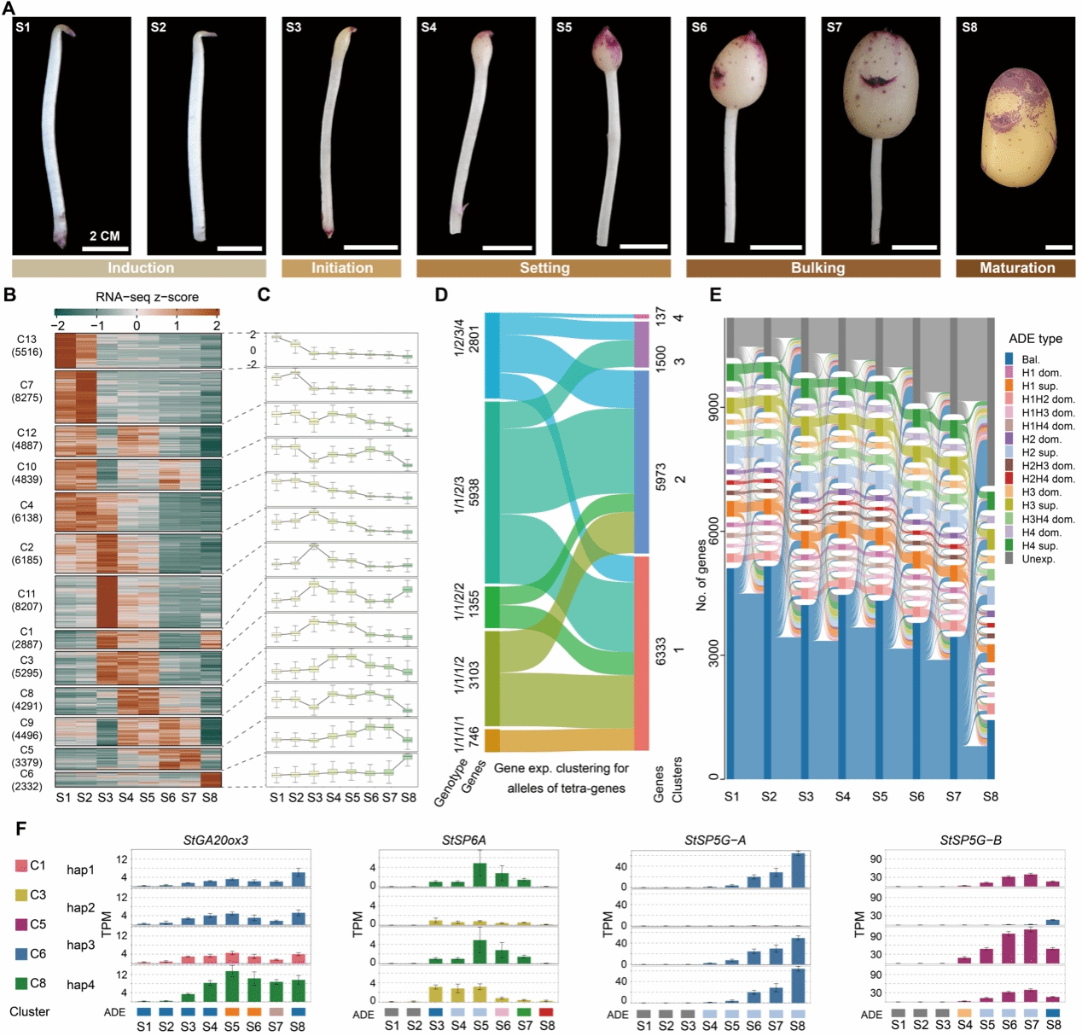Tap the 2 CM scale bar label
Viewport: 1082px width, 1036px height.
coord(105,236)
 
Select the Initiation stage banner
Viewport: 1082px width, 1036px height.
coord(341,268)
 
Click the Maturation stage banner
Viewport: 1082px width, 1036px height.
coord(1016,268)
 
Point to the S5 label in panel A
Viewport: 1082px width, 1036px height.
coord(564,27)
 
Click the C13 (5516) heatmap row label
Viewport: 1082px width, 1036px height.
coord(26,346)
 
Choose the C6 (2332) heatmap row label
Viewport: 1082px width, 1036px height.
coord(26,780)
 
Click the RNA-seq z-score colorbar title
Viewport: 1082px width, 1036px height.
coord(147,297)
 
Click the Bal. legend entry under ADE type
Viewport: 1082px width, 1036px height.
coord(1030,359)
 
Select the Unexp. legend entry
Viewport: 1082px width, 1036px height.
coord(1038,559)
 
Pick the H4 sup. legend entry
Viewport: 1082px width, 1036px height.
coord(1039,545)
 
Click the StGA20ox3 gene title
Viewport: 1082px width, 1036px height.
coord(216,840)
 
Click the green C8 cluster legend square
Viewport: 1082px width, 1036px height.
coord(21,983)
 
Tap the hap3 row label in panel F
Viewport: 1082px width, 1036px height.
coord(81,945)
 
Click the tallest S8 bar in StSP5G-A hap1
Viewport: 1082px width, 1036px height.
coord(798,870)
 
